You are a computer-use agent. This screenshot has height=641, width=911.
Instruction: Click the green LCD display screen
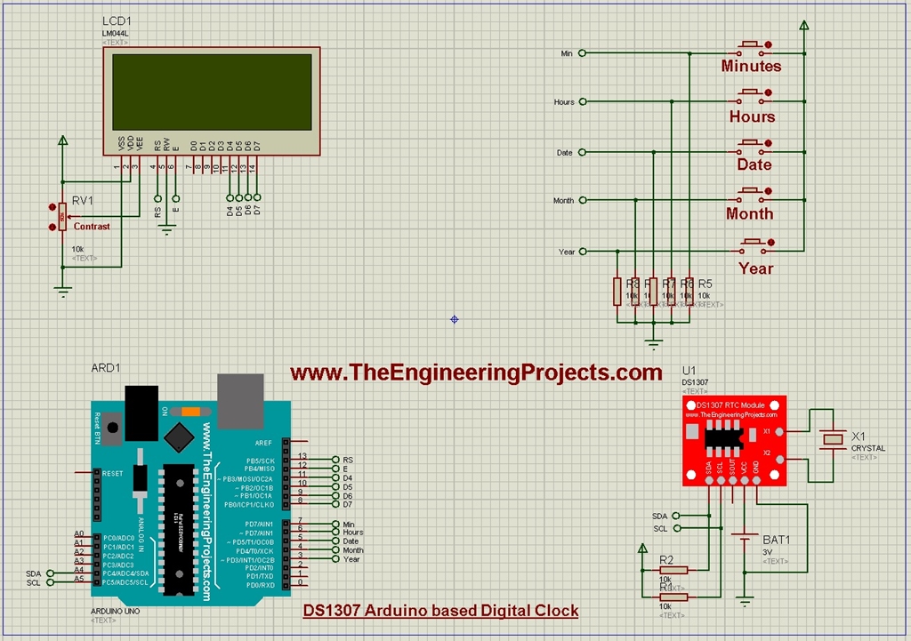212,92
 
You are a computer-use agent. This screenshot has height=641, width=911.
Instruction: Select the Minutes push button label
751,67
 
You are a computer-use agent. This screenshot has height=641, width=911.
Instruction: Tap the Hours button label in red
752,116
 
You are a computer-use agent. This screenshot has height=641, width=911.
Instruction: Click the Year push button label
755,268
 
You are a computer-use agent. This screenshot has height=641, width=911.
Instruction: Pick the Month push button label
749,213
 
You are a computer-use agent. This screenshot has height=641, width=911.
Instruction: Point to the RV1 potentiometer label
82,201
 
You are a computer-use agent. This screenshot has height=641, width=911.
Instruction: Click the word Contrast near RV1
92,227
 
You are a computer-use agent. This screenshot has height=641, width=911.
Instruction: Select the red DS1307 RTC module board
734,440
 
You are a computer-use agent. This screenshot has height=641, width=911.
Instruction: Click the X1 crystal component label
859,437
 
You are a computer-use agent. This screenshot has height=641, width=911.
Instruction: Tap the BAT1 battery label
776,540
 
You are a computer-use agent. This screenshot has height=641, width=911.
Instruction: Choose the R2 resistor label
666,559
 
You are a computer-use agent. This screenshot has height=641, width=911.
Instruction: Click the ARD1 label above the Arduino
105,368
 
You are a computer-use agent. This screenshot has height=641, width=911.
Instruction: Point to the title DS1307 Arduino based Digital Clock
440,611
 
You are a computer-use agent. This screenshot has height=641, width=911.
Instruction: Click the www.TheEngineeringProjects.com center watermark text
476,373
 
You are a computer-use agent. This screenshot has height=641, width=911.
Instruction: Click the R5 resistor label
705,284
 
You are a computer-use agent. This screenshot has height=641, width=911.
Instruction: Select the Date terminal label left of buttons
564,153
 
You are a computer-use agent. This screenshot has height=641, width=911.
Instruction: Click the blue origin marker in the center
455,318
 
